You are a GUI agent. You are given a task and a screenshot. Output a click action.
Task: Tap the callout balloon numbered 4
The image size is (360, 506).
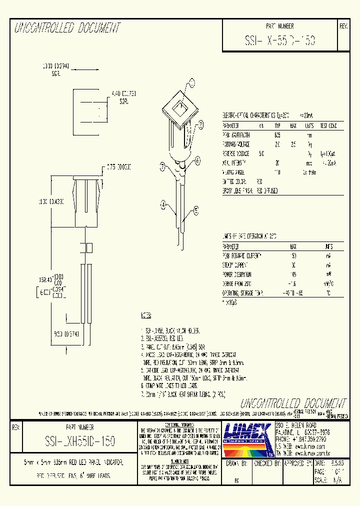pyautogui.click(x=163, y=203)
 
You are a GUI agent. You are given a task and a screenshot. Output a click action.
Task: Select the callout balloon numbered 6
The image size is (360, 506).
pyautogui.click(x=198, y=160)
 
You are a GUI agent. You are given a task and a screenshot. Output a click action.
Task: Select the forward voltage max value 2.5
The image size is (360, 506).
pyautogui.click(x=293, y=144)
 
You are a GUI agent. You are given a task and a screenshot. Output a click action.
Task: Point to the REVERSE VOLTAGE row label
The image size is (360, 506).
pyautogui.click(x=236, y=153)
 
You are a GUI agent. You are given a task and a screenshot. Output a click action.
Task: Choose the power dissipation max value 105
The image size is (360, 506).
pyautogui.click(x=292, y=274)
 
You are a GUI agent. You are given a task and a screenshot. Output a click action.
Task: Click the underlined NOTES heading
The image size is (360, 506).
pyautogui.click(x=146, y=316)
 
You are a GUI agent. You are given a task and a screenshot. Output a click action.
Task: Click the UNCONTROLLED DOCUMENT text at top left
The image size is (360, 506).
pyautogui.click(x=67, y=28)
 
